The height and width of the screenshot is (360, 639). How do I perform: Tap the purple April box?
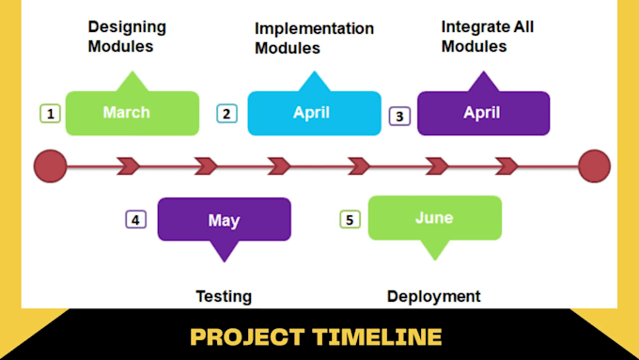click(x=483, y=113)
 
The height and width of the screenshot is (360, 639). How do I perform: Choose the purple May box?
click(x=224, y=220)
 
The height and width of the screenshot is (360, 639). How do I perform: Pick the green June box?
click(x=434, y=217)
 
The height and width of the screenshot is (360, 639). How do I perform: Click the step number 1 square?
click(x=50, y=114)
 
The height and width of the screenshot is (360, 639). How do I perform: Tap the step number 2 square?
click(x=226, y=114)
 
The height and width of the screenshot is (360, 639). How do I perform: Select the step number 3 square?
click(x=400, y=117)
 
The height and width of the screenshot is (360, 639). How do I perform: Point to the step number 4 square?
click(x=136, y=219)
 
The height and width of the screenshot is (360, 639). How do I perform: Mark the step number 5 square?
click(x=351, y=219)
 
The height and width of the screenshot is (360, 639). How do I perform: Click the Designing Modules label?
click(x=127, y=37)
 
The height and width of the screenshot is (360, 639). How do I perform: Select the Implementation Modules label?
click(x=314, y=38)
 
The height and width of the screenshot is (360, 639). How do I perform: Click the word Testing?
click(x=223, y=296)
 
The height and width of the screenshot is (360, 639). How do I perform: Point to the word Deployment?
click(x=433, y=296)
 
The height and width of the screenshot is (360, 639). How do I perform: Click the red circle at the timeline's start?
click(x=50, y=166)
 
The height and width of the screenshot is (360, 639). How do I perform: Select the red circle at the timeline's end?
click(x=594, y=166)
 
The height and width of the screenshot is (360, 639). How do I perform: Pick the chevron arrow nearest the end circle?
click(x=507, y=166)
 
